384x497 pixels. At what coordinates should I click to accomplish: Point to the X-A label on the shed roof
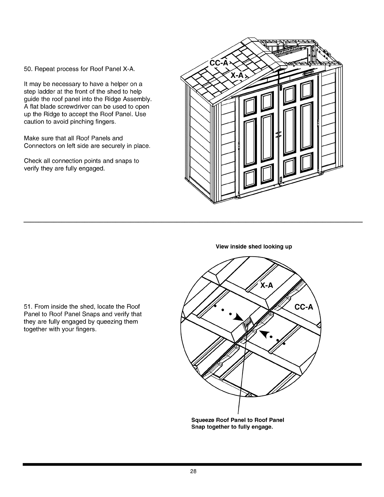click(237, 75)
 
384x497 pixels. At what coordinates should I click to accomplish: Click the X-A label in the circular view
click(266, 285)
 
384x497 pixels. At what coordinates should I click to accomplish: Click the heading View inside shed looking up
click(254, 247)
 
